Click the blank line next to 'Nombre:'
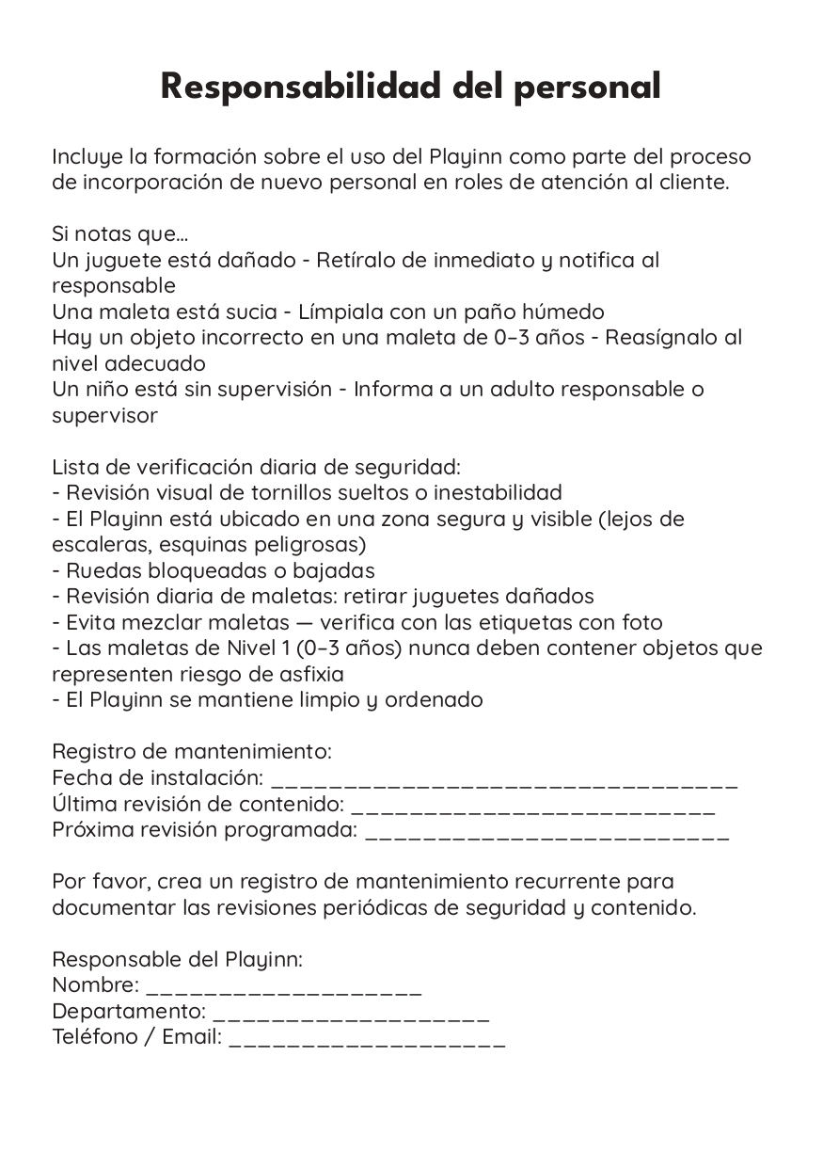pyautogui.click(x=284, y=989)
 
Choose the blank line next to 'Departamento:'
pyautogui.click(x=351, y=1016)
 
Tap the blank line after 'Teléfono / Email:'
pyautogui.click(x=367, y=1041)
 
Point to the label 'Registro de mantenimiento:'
pyautogui.click(x=191, y=752)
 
